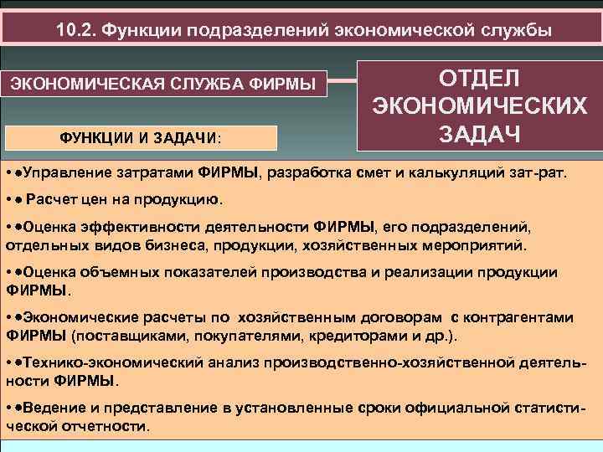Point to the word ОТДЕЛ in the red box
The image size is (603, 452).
(480, 77)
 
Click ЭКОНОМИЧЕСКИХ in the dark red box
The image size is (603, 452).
(480, 106)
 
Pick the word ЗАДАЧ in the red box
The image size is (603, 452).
(480, 135)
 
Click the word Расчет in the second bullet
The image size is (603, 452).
(49, 201)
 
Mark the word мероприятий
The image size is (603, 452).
(478, 246)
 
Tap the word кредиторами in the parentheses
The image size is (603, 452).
(371, 336)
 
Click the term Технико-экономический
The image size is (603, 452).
(99, 363)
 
